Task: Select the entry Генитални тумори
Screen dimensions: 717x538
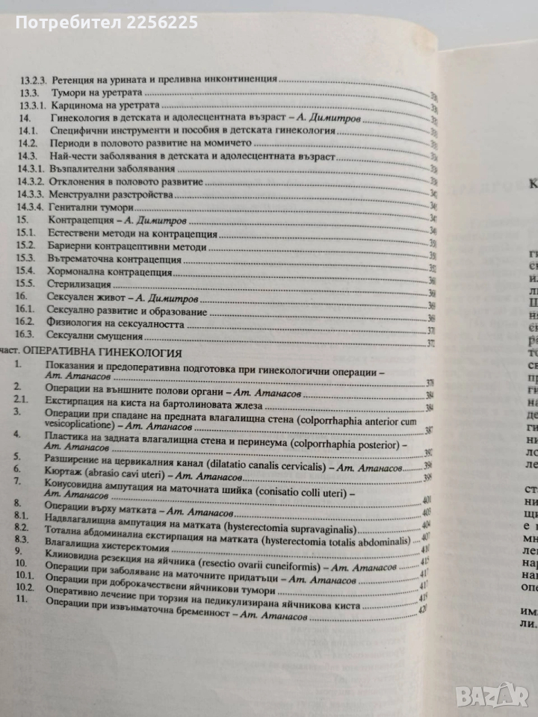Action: pos(93,208)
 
